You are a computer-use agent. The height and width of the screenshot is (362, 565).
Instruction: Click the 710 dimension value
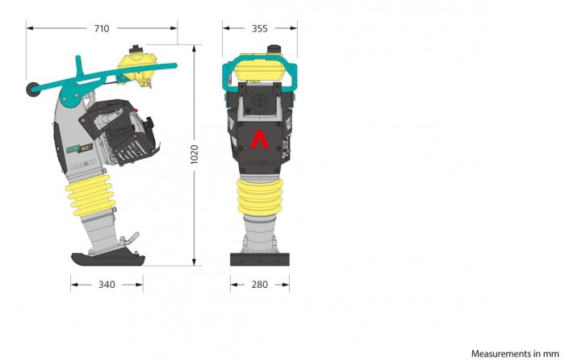click(x=102, y=28)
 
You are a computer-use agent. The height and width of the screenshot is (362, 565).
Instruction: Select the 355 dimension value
click(x=259, y=28)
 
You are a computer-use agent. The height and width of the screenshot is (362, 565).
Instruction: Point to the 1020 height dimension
click(x=195, y=154)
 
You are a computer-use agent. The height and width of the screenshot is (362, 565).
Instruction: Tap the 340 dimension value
click(x=107, y=285)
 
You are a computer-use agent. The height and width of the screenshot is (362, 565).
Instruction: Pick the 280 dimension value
click(x=259, y=285)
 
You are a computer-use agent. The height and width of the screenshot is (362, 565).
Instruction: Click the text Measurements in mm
click(x=515, y=354)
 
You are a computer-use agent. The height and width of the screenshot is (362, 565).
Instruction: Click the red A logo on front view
click(x=260, y=139)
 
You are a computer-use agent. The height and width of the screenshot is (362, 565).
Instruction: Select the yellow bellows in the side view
click(x=90, y=195)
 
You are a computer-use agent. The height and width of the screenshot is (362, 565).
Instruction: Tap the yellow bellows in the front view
click(x=260, y=197)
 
